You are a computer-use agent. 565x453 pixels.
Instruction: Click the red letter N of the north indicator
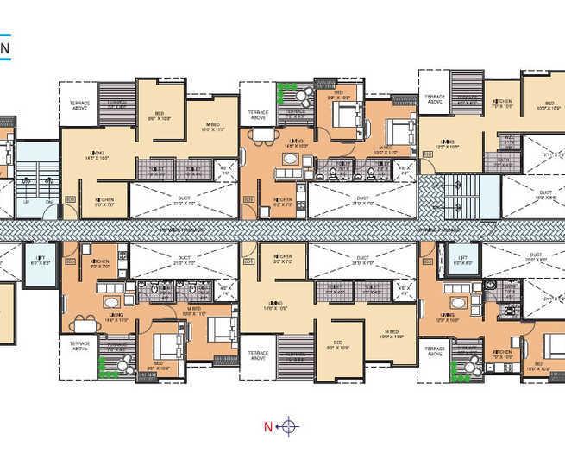point(267,426)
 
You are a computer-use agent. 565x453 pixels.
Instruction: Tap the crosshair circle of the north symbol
point(289,426)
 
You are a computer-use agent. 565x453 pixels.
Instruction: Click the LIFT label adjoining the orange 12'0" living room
point(463,256)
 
